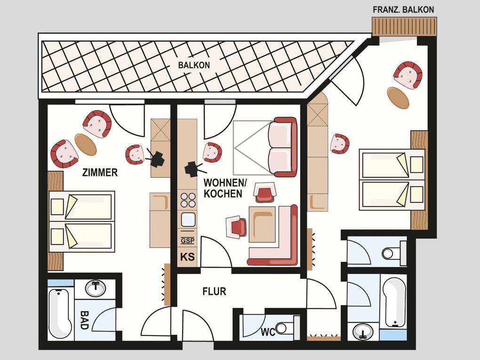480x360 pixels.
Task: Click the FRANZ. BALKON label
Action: coord(403,9)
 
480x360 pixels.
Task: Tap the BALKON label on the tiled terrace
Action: coord(194,65)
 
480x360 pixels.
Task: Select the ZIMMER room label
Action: coord(100,172)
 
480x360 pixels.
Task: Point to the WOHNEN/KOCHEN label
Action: coord(224,188)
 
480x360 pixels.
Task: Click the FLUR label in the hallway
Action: coord(214,291)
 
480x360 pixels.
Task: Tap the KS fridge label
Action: coord(187,256)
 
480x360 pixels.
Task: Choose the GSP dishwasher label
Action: coord(187,240)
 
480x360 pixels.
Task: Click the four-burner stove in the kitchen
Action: coord(188,200)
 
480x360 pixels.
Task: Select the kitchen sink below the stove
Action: coord(188,219)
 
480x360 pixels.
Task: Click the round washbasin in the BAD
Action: coord(96,288)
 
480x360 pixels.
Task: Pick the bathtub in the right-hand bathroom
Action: coord(394,302)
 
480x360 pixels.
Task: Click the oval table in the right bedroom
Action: coord(398,98)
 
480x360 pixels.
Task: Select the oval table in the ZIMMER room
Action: coord(86,145)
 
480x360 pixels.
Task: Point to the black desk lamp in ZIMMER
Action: coord(155,158)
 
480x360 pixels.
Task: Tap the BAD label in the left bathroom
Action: coord(84,320)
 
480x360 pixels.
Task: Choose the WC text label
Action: coord(268,332)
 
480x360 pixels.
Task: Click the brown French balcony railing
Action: coord(404,26)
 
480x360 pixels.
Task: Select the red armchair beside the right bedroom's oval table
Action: coord(408,75)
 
